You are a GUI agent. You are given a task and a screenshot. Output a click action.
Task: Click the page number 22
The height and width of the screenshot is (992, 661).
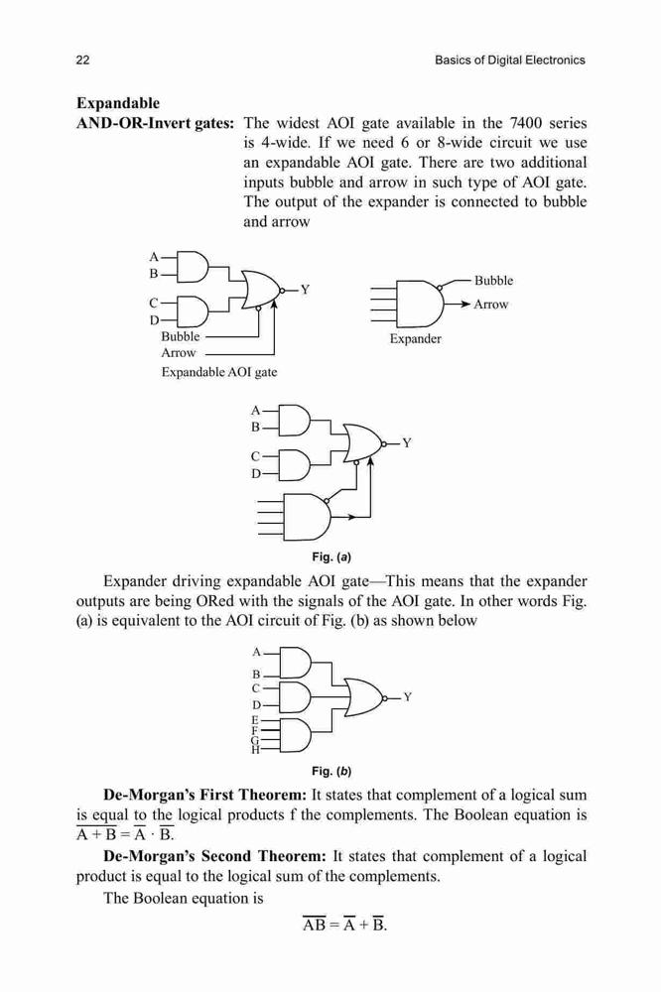[83, 61]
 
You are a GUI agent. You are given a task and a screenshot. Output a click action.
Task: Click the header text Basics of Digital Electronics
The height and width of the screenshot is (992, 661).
[510, 61]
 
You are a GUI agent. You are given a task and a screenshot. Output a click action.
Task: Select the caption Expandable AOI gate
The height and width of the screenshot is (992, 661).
[219, 372]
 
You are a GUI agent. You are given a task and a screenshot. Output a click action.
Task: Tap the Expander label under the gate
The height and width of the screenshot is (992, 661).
[415, 338]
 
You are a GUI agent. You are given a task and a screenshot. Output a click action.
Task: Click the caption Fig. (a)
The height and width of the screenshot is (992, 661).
[331, 558]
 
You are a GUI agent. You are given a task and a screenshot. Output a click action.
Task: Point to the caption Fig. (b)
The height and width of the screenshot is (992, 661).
[331, 771]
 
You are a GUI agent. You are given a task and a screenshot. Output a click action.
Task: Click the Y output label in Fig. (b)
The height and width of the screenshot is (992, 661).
[408, 697]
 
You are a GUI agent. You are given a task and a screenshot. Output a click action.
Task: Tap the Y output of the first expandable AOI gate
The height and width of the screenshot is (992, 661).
[305, 290]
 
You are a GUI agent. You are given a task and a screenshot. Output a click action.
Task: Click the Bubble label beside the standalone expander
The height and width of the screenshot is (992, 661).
[494, 281]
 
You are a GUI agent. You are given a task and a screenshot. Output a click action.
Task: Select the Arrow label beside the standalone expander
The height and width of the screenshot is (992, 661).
[491, 305]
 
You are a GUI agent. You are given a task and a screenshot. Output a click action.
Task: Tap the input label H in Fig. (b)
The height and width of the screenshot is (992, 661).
[256, 750]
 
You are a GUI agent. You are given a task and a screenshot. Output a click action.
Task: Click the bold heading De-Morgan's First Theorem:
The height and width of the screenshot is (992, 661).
[205, 795]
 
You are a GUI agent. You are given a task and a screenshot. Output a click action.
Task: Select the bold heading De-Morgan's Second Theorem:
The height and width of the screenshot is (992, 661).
[214, 856]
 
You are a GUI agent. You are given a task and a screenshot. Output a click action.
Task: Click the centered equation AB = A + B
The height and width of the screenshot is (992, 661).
[344, 925]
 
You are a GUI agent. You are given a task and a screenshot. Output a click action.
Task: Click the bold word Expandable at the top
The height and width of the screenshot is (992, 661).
[118, 103]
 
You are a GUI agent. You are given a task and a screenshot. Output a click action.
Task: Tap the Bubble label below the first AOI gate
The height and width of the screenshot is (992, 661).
[181, 336]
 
